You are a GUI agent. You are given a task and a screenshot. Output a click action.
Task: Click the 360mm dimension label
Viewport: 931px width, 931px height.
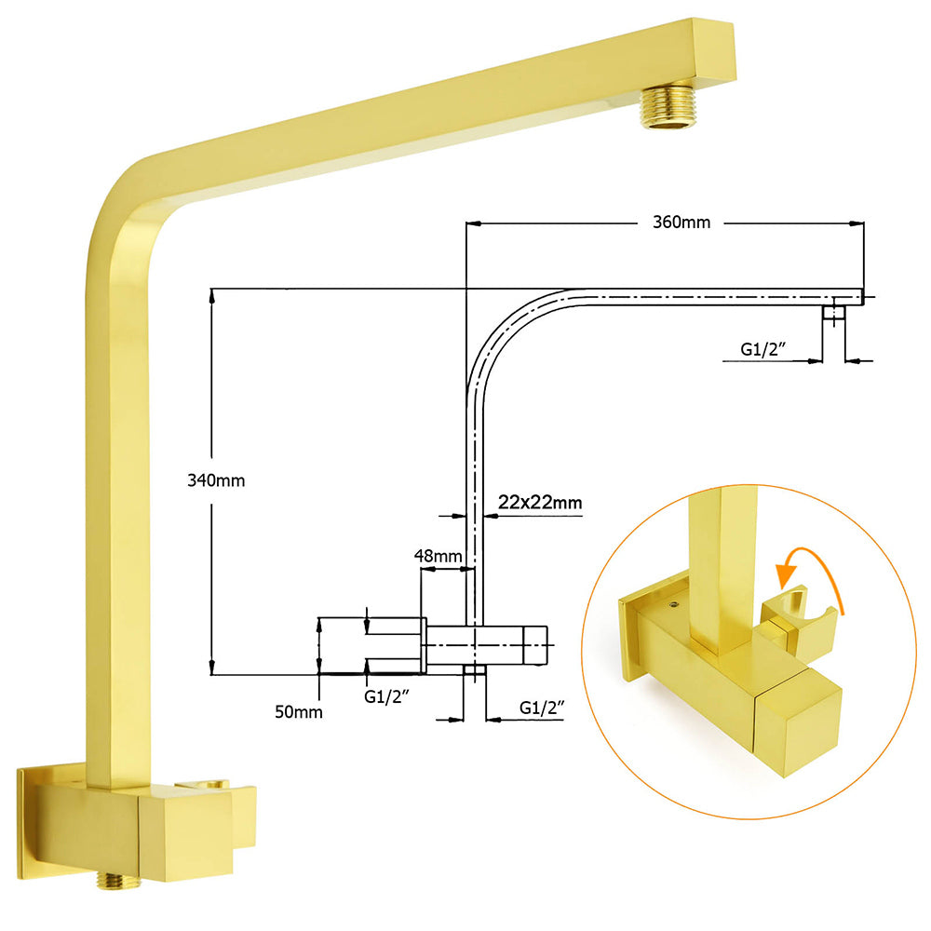click(x=681, y=223)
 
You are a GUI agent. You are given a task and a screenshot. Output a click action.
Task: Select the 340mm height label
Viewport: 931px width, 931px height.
click(x=215, y=480)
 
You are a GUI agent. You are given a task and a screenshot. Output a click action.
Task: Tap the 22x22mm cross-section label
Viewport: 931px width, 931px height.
click(x=540, y=503)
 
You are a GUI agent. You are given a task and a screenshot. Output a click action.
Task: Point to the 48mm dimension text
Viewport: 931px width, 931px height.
click(x=438, y=556)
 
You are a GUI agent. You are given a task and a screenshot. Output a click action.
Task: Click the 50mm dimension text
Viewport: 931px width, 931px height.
click(x=298, y=712)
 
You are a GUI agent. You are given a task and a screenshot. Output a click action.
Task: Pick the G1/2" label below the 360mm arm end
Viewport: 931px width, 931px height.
click(x=763, y=349)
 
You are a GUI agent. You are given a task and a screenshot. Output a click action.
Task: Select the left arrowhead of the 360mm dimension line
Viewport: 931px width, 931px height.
click(x=471, y=223)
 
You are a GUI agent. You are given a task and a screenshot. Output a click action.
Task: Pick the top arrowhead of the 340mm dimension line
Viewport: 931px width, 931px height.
click(x=213, y=295)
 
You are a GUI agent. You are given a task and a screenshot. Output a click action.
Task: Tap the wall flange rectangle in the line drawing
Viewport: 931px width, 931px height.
click(x=371, y=643)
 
